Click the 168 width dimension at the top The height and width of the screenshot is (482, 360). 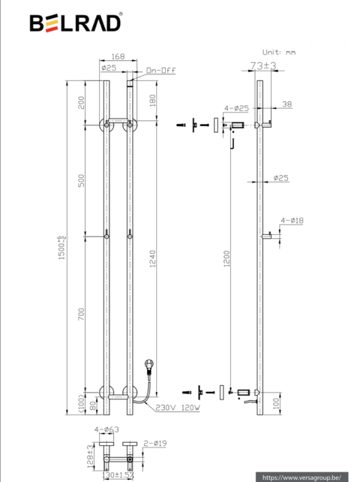click(x=118, y=56)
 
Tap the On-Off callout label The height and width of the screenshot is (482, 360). click(x=160, y=71)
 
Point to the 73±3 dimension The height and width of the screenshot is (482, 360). click(x=263, y=67)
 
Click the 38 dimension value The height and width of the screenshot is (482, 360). click(x=286, y=105)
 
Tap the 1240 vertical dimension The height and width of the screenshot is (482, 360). click(x=154, y=260)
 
